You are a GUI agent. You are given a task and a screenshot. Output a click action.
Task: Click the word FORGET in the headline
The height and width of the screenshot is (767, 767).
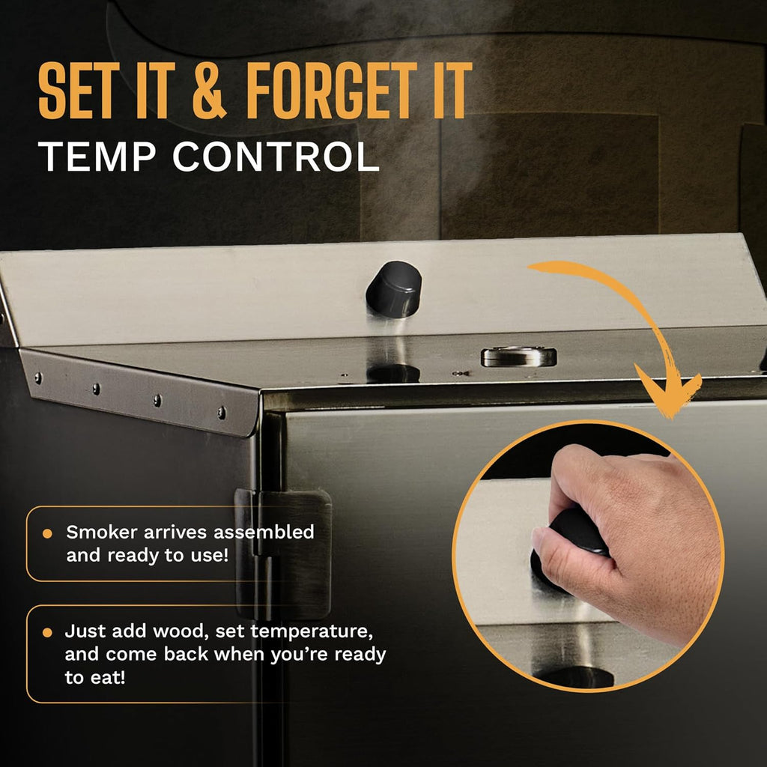coord(332,91)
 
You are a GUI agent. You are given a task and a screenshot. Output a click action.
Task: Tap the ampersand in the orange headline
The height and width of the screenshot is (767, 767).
coord(210,91)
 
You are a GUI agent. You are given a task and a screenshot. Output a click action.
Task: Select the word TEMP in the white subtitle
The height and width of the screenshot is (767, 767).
coord(97,157)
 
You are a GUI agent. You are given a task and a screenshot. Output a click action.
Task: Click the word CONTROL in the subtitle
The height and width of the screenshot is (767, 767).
coord(276,157)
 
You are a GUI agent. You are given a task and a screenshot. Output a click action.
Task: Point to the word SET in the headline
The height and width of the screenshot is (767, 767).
coord(79,91)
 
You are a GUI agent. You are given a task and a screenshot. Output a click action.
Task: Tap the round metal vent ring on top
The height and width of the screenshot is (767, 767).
coord(519,357)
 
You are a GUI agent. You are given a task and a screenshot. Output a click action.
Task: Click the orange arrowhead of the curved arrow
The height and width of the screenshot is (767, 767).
coord(668,391)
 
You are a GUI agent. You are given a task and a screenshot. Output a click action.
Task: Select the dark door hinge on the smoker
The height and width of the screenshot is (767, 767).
coord(283,554)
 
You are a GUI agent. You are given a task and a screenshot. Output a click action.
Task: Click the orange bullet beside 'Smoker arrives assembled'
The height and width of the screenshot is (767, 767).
coord(47,533)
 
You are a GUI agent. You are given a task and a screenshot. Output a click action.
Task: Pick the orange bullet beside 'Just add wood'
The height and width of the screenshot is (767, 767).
coord(47,632)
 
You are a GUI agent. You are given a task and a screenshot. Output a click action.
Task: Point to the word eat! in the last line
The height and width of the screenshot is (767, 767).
coord(108,677)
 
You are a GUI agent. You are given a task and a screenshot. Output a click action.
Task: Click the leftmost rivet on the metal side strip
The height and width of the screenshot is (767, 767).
coord(37,378)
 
